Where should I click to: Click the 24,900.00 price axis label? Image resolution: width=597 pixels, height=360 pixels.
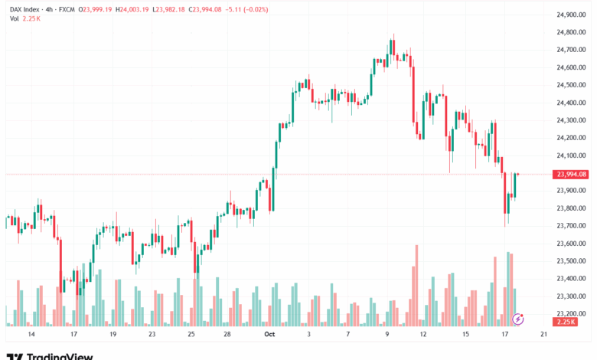[x=572, y=15]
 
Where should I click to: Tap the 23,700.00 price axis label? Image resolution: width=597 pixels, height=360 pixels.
[x=572, y=226]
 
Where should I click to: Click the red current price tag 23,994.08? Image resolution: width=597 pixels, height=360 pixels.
[x=572, y=175]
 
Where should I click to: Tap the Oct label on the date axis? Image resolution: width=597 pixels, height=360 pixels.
[x=269, y=335]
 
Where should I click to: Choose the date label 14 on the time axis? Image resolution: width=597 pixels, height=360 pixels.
[x=31, y=335]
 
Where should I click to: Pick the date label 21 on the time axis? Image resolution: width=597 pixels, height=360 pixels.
[x=543, y=335]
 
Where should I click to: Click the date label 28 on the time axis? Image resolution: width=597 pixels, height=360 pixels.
[x=227, y=335]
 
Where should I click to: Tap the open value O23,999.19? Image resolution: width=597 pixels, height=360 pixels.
[x=90, y=9]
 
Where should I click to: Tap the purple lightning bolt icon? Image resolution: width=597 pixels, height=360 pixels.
[x=518, y=318]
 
